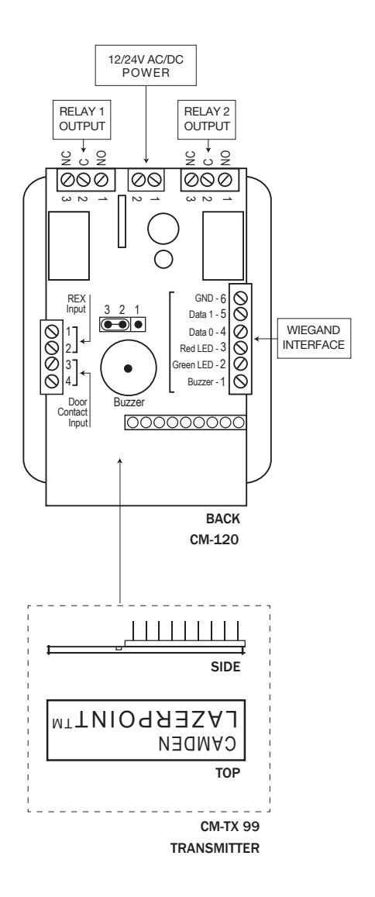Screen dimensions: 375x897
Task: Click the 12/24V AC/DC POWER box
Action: [145, 66]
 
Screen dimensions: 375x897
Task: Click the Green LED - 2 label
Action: [202, 365]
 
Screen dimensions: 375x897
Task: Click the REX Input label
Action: [75, 302]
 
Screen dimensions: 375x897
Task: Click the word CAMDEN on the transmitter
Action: [200, 743]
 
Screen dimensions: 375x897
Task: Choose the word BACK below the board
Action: [223, 519]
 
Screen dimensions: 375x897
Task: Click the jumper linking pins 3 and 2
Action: [115, 324]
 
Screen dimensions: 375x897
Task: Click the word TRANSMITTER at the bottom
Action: [215, 848]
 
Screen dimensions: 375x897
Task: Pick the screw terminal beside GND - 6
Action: [241, 297]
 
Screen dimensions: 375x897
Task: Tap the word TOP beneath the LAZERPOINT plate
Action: [228, 773]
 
